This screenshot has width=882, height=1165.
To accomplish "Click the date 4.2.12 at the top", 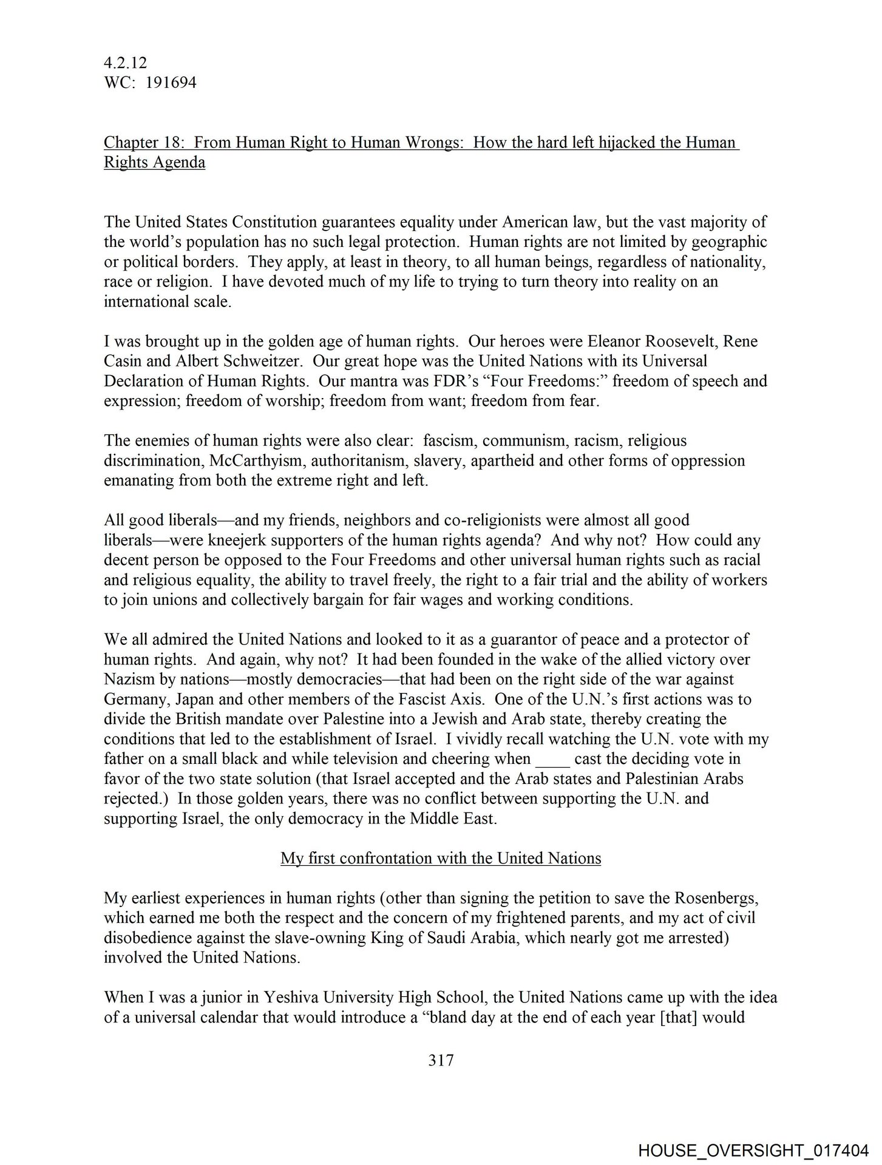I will coord(126,62).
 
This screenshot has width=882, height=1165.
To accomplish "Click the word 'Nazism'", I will coord(126,679).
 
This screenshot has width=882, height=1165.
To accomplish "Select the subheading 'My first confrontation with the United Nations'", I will coord(441,859).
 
